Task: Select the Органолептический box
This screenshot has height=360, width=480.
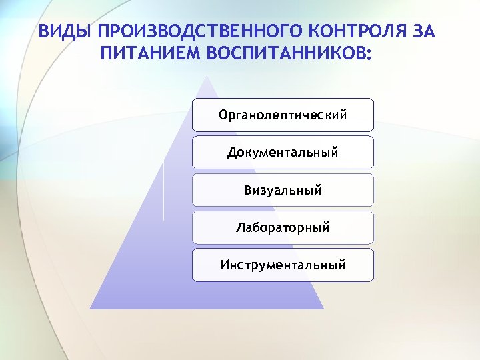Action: pyautogui.click(x=283, y=115)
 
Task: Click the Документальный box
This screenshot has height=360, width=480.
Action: pyautogui.click(x=283, y=153)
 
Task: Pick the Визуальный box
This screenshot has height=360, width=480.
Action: pyautogui.click(x=283, y=190)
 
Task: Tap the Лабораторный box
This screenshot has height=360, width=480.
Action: pyautogui.click(x=283, y=227)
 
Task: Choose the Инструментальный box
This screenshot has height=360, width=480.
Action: pyautogui.click(x=283, y=265)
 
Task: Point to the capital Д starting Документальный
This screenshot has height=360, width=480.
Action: pyautogui.click(x=231, y=153)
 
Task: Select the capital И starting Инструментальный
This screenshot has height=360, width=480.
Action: pyautogui.click(x=224, y=265)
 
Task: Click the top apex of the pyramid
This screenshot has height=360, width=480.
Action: pyautogui.click(x=207, y=75)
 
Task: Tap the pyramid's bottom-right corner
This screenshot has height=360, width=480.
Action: pyautogui.click(x=323, y=309)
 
